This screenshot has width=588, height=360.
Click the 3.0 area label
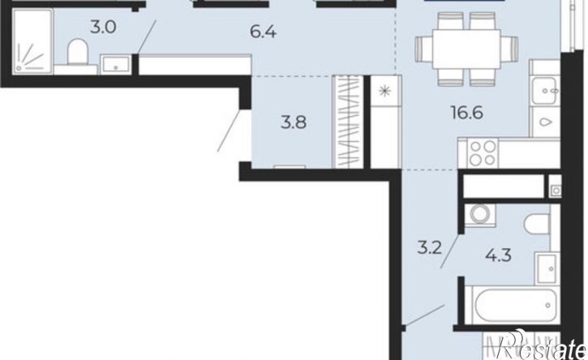click(x=103, y=28)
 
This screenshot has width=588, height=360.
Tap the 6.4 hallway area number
click(x=264, y=32)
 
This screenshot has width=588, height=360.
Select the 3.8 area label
click(x=294, y=122)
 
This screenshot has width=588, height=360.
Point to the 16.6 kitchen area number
click(x=467, y=112)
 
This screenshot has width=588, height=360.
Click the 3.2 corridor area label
click(x=430, y=248)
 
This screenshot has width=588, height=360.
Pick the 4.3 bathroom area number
click(x=498, y=255)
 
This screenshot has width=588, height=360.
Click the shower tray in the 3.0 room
click(x=32, y=41)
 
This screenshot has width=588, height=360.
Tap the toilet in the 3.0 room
click(x=77, y=53)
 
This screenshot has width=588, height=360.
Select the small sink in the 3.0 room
click(x=116, y=65)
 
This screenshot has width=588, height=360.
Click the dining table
click(x=466, y=49)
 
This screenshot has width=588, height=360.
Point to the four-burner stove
click(x=482, y=153)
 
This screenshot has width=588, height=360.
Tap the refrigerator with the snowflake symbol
click(x=386, y=122)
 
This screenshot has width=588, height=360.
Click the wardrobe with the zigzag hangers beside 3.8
click(x=348, y=122)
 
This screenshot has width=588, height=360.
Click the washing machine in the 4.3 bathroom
click(x=480, y=215)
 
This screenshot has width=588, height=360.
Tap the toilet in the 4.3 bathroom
click(x=539, y=225)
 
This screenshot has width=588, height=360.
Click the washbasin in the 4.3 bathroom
click(x=547, y=268)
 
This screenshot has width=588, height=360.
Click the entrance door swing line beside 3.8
click(x=229, y=131)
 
